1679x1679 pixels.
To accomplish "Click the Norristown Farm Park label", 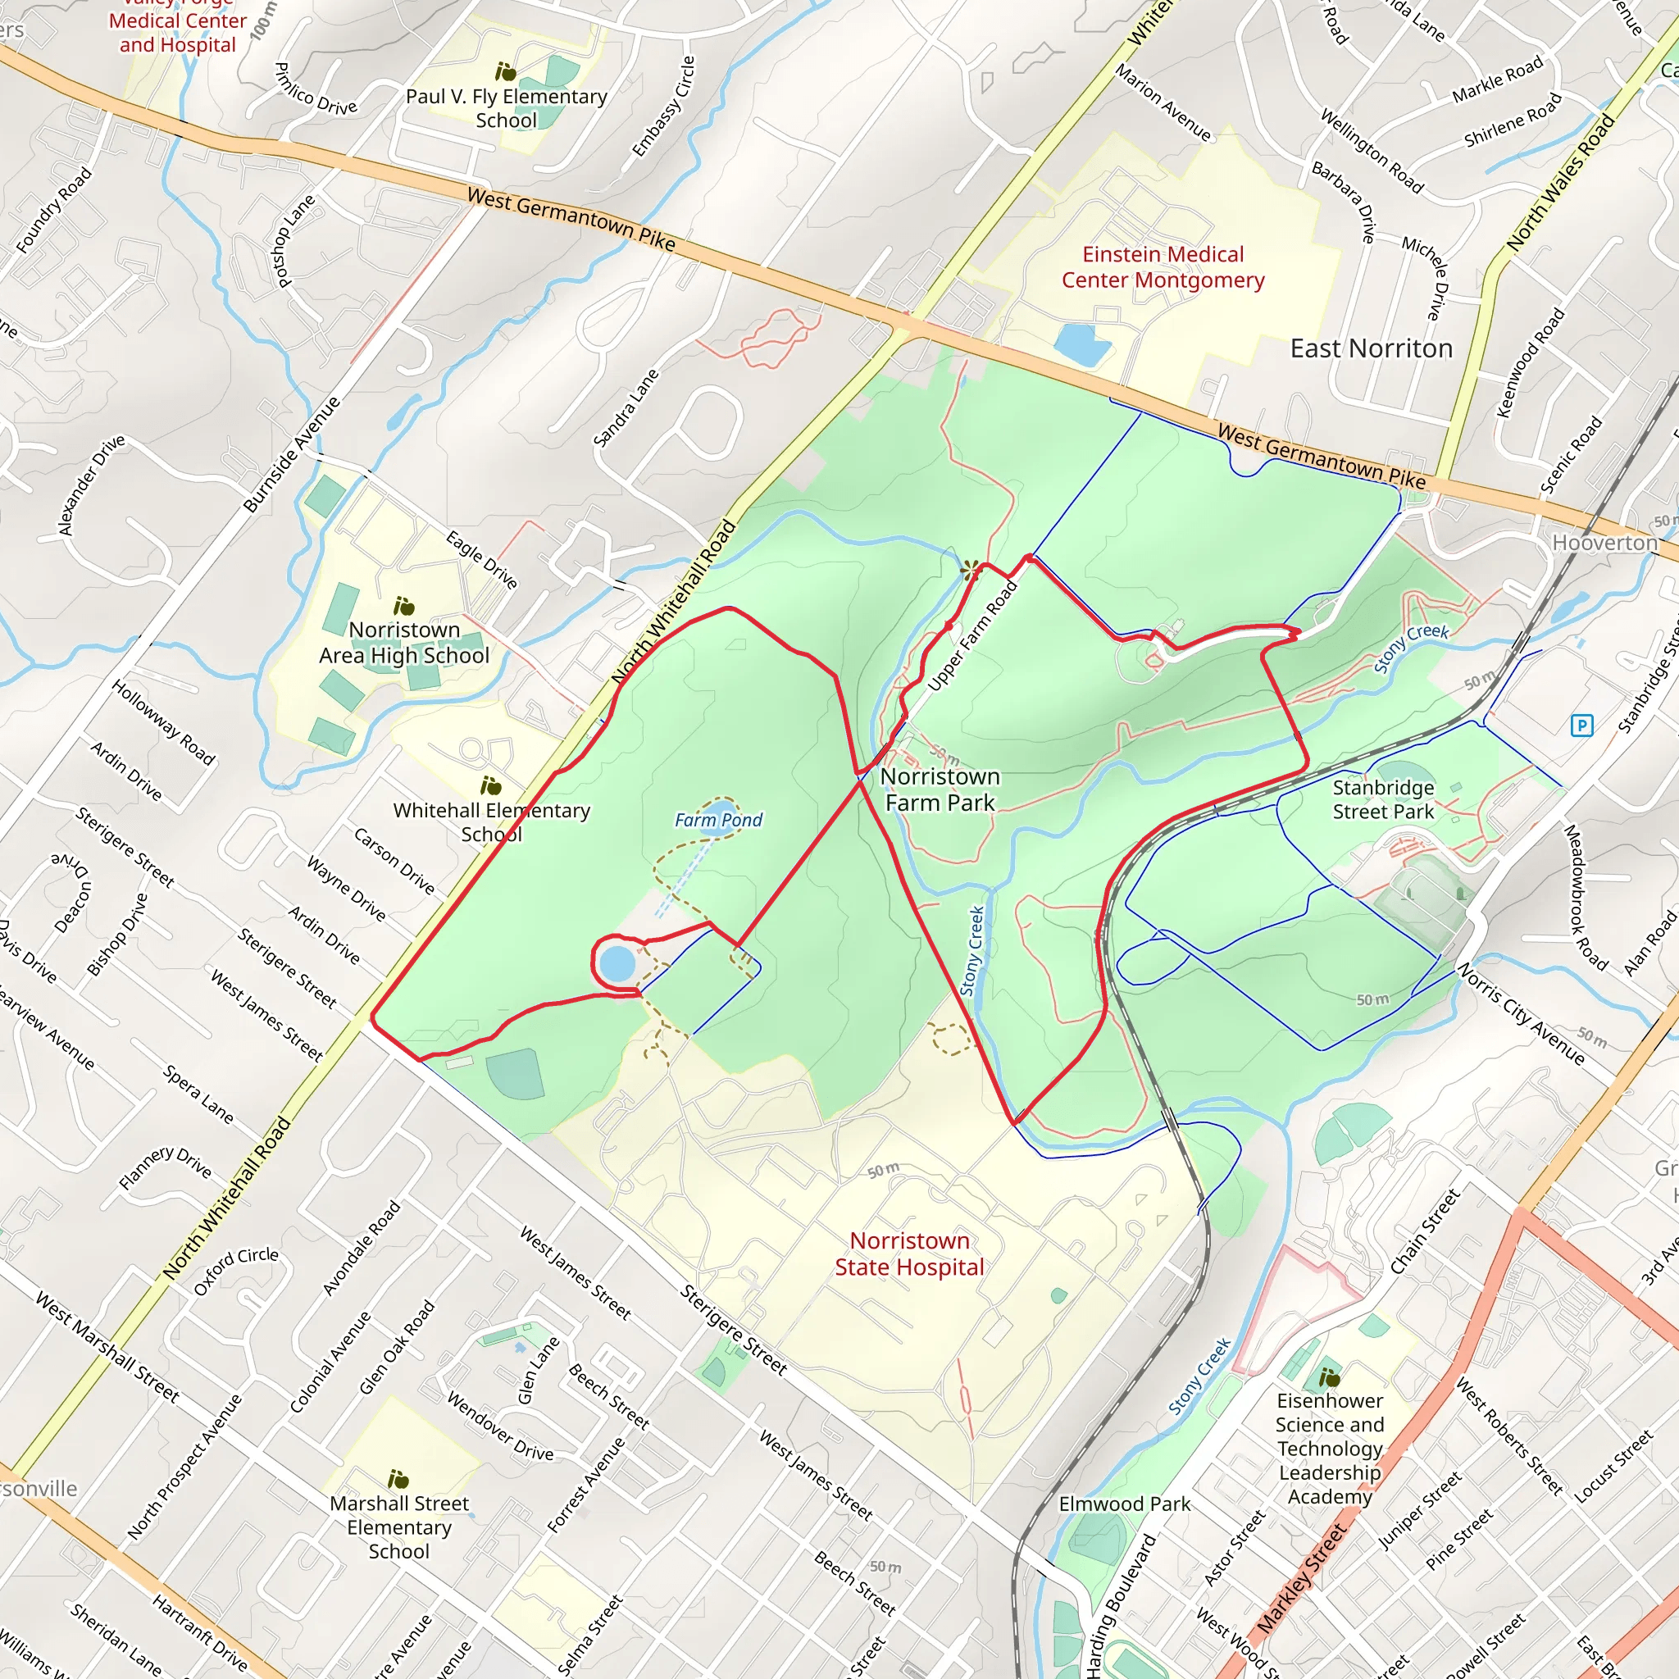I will pyautogui.click(x=940, y=789).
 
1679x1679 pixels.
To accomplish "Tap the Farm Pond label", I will pyautogui.click(x=718, y=820).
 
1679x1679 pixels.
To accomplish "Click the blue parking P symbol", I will pyautogui.click(x=1581, y=725).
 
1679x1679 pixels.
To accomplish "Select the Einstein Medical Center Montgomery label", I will pyautogui.click(x=1162, y=266).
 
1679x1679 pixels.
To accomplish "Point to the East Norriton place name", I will pyautogui.click(x=1371, y=348).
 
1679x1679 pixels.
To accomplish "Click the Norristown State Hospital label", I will pyautogui.click(x=909, y=1254).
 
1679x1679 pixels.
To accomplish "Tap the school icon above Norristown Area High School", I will pyautogui.click(x=403, y=606).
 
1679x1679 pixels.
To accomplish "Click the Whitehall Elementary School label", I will pyautogui.click(x=491, y=821).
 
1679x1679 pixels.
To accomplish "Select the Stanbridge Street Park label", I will pyautogui.click(x=1383, y=799).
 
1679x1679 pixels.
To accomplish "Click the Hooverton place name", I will pyautogui.click(x=1604, y=542).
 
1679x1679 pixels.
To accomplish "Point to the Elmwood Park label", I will pyautogui.click(x=1124, y=1504).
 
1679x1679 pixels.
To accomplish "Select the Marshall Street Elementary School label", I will pyautogui.click(x=399, y=1527).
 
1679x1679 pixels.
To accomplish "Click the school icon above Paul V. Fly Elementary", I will pyautogui.click(x=505, y=71).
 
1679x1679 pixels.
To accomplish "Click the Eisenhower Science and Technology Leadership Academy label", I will pyautogui.click(x=1329, y=1448).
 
